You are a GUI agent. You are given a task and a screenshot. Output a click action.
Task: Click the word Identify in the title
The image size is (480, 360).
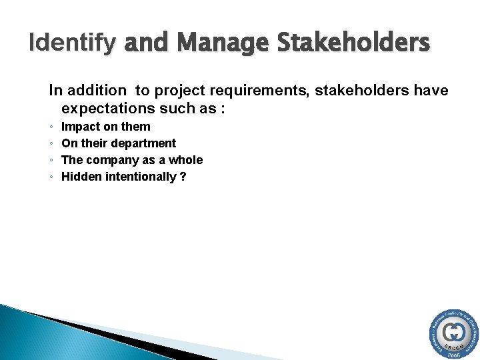(x=71, y=43)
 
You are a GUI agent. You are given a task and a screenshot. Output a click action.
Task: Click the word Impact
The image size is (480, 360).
(x=79, y=127)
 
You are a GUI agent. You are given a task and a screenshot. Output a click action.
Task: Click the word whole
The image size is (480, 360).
(x=187, y=160)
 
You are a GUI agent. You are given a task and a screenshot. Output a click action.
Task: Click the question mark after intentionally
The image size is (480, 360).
(x=183, y=177)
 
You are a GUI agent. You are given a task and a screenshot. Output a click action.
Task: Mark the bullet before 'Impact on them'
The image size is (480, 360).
(x=51, y=127)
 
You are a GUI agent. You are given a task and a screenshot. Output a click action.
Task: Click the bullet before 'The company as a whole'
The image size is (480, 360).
(x=51, y=161)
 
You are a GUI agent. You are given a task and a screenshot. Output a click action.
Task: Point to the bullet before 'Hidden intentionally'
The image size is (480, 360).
(x=51, y=177)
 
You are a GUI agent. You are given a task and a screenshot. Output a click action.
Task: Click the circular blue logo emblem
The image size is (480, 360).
(x=454, y=334)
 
